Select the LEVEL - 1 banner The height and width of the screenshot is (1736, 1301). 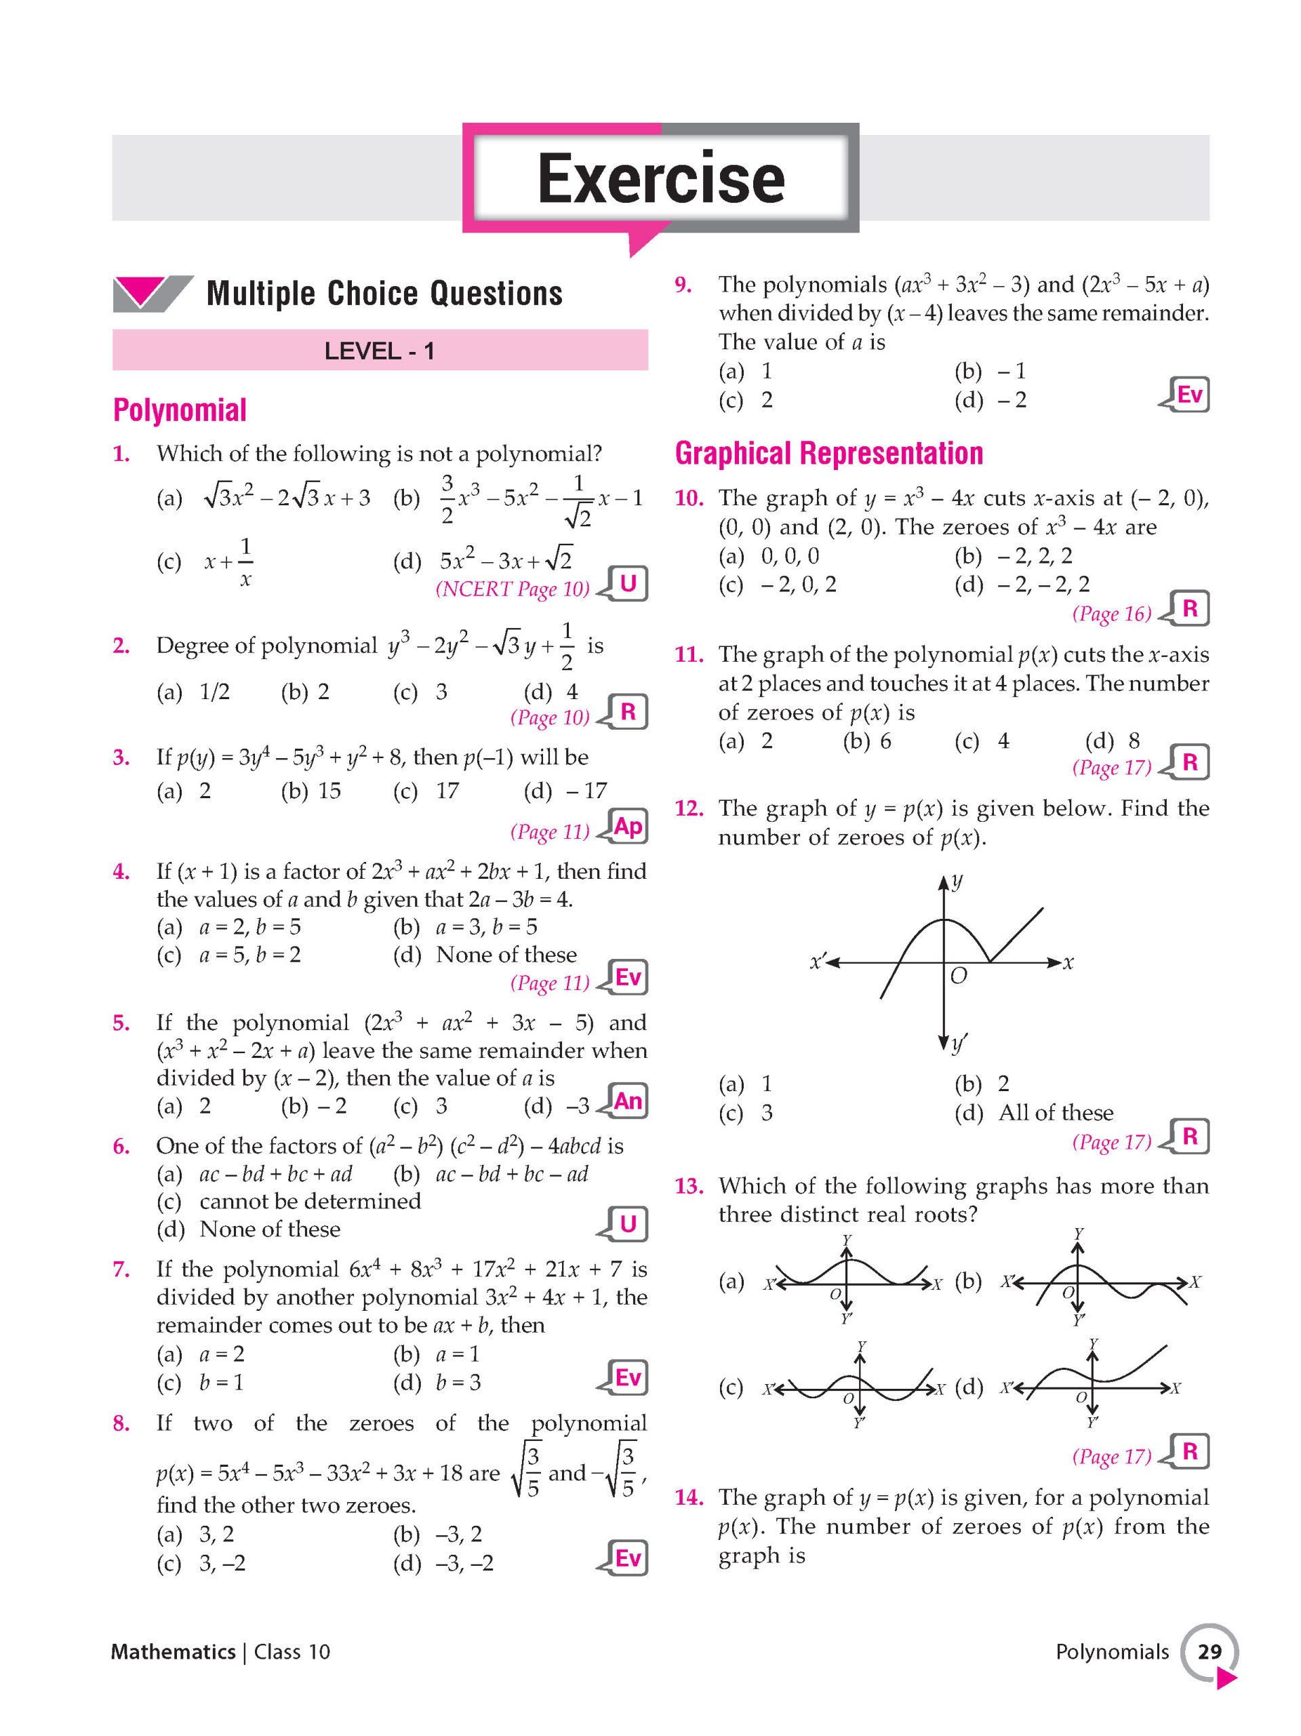click(380, 350)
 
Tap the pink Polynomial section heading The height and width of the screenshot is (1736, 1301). click(180, 410)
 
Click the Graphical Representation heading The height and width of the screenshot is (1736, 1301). click(828, 454)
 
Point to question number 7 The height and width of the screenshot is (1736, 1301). click(121, 1269)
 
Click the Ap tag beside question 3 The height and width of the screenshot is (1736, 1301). click(628, 827)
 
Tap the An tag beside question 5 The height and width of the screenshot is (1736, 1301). click(628, 1101)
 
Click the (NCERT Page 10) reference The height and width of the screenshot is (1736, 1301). click(513, 589)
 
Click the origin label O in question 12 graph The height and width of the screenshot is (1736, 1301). click(958, 976)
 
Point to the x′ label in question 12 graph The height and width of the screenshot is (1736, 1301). click(819, 961)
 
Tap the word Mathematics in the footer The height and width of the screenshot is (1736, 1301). click(174, 1652)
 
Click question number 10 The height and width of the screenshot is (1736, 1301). click(689, 498)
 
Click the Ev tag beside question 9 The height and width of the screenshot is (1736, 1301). click(1188, 395)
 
